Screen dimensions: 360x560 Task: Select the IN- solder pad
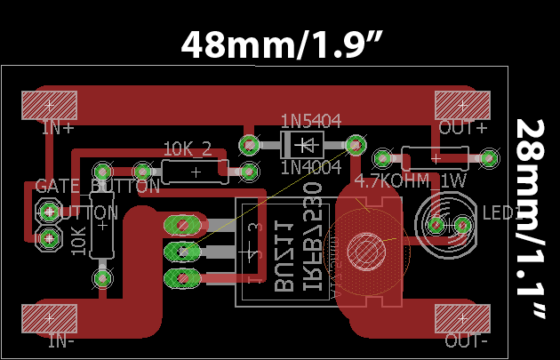click(51, 317)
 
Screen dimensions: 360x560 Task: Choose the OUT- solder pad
click(462, 317)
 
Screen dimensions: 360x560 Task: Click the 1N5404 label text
click(310, 121)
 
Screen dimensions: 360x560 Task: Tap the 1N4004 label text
click(310, 166)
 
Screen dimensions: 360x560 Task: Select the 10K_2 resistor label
click(188, 148)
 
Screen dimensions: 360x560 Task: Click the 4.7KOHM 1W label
click(411, 181)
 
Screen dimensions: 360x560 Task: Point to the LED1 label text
click(501, 213)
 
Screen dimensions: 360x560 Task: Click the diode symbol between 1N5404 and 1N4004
click(304, 144)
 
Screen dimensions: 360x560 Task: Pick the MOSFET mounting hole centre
click(364, 249)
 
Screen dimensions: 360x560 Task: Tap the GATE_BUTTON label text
click(98, 187)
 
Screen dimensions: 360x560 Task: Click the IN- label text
click(61, 340)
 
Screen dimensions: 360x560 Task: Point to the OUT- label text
click(466, 340)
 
